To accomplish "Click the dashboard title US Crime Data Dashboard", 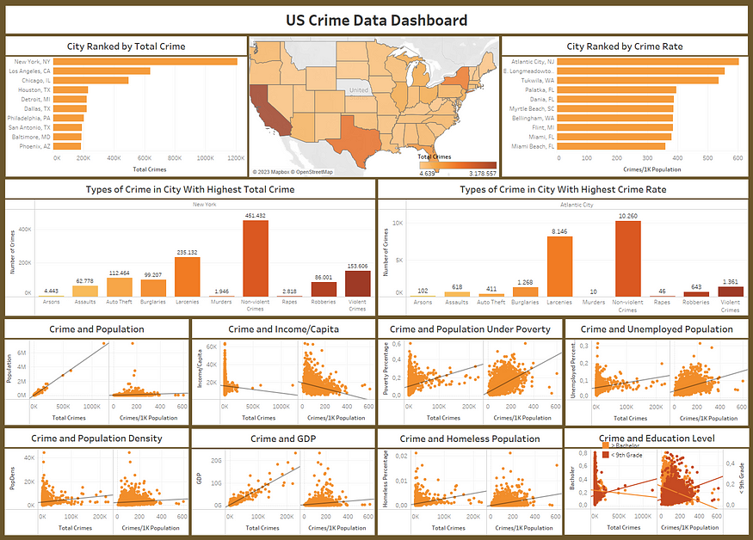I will point(377,21).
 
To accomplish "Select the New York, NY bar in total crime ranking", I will point(146,61).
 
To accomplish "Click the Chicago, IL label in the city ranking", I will point(34,81).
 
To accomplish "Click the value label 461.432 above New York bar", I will point(255,215).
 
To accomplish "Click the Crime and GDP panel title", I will point(282,439).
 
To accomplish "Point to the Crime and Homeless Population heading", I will point(470,439).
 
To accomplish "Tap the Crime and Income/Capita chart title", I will point(282,328).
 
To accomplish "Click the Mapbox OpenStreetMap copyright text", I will point(293,172).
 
